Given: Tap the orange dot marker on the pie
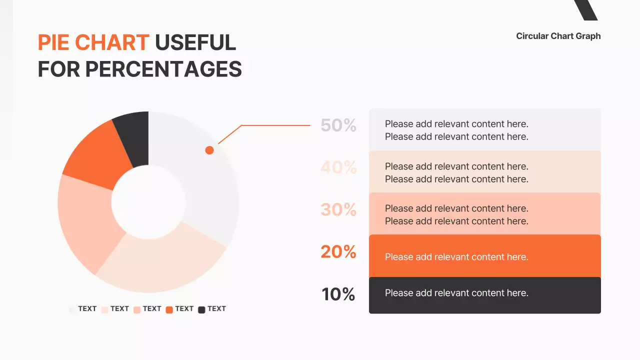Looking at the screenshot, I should click(209, 150).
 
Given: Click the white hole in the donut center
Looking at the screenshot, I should click(148, 202).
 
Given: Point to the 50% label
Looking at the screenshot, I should click(338, 125).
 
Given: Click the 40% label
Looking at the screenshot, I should click(338, 167).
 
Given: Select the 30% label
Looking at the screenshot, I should click(338, 209).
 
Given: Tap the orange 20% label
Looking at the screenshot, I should click(338, 251).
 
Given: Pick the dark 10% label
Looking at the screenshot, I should click(338, 294).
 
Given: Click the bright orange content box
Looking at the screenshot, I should click(484, 256).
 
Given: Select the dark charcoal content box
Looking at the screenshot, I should click(484, 295).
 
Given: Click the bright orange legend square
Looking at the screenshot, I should click(169, 309).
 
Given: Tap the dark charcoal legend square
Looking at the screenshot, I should click(201, 309).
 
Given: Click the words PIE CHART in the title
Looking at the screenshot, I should click(93, 43).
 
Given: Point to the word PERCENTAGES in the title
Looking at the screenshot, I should click(163, 69).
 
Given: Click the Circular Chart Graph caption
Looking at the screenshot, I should click(558, 36).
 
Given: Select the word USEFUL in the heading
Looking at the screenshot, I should click(195, 43).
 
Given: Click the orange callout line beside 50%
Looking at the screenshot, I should click(275, 125).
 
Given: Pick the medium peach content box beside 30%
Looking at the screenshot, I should click(484, 214).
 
